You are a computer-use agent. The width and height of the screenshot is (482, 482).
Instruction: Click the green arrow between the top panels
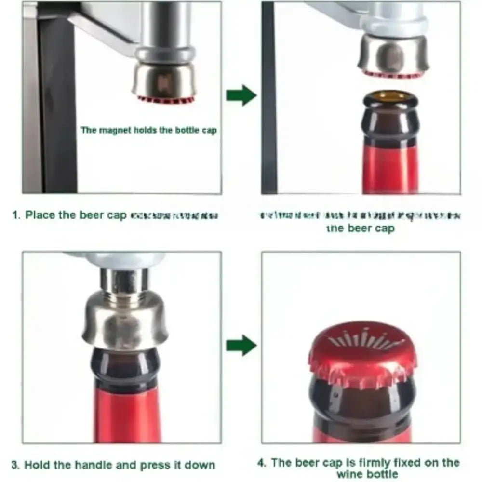(x=241, y=95)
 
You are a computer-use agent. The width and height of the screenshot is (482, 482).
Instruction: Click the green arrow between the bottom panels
(x=241, y=345)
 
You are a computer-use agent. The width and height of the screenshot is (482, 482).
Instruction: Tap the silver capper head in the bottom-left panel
(x=126, y=318)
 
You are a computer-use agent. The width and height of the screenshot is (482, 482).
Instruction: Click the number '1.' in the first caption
(x=16, y=215)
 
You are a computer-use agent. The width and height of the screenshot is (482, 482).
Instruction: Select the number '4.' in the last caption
(x=262, y=463)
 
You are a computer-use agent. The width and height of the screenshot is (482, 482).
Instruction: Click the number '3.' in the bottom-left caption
(x=16, y=465)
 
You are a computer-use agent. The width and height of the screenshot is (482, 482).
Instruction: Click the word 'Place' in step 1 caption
(x=40, y=215)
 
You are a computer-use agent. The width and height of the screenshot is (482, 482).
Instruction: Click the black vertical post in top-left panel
(x=58, y=106)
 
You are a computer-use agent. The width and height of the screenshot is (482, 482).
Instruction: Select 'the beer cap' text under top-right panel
(x=361, y=228)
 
